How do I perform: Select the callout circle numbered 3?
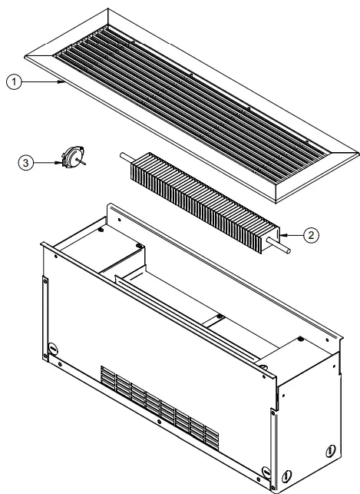pos(28,163)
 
